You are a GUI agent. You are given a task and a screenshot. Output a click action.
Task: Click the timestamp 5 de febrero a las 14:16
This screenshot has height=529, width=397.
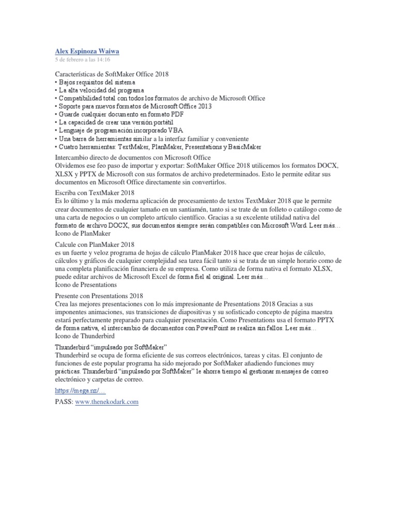click(82, 59)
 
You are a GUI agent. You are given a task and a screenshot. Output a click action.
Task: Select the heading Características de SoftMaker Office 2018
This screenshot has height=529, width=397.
click(112, 74)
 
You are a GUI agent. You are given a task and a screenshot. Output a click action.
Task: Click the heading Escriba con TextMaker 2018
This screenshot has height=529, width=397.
click(95, 192)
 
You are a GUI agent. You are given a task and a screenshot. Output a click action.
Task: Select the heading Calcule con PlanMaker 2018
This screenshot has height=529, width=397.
click(95, 244)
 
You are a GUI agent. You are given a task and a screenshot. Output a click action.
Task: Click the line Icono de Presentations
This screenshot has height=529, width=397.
click(86, 285)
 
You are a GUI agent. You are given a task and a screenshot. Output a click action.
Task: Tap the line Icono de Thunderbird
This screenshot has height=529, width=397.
click(85, 336)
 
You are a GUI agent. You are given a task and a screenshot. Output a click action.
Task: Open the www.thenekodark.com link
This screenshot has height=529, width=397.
click(107, 402)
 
